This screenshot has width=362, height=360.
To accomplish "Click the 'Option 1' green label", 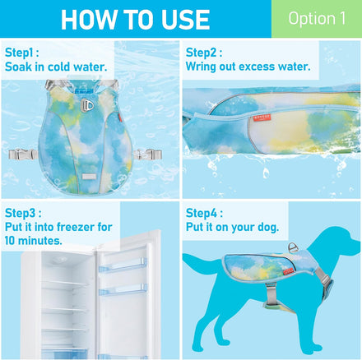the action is point(317,19).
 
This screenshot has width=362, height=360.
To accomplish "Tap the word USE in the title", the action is point(185,20).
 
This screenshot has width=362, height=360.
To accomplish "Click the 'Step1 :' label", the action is point(22,53).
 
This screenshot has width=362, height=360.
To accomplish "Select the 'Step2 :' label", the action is point(204,53).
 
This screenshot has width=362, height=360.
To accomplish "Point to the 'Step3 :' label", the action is point(23,213).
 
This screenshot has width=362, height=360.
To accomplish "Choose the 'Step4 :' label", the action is point(204,213).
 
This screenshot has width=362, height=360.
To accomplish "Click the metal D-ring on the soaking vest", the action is point(87,105).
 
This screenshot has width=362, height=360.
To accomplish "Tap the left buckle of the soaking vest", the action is point(22,155).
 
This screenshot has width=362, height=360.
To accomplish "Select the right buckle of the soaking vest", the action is point(148,155).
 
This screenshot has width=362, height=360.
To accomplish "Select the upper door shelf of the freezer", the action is point(123,266).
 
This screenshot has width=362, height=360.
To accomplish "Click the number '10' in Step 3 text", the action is point(11,241).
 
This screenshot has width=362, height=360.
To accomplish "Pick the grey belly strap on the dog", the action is point(271,293).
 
